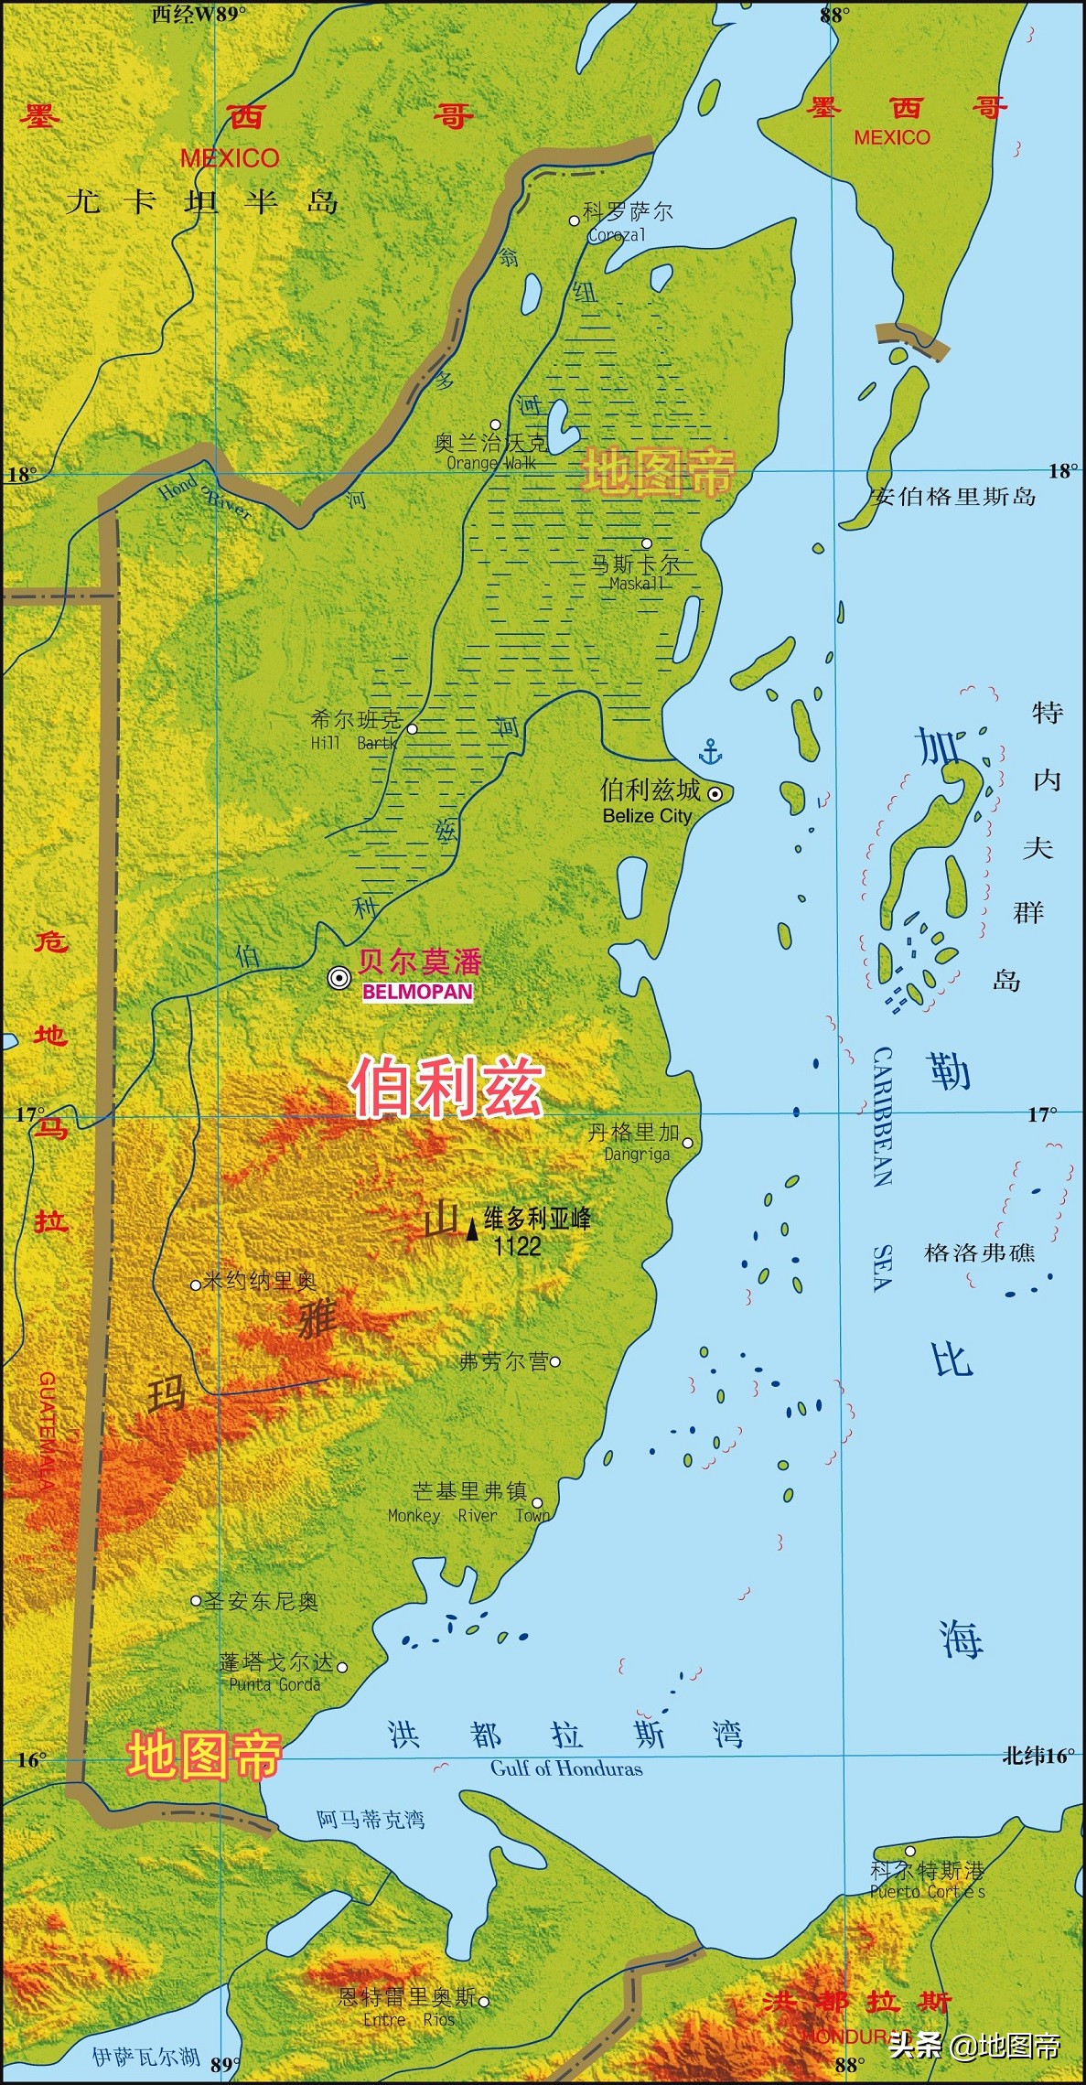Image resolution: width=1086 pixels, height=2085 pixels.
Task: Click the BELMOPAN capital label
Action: [417, 992]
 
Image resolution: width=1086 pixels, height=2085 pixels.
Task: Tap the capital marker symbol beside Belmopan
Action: [339, 978]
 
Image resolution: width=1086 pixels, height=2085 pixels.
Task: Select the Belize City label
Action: [647, 816]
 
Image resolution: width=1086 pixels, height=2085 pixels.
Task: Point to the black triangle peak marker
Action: [472, 1229]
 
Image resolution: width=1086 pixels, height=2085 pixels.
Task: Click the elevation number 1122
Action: [517, 1246]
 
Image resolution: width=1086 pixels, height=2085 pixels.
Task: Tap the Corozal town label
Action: [617, 235]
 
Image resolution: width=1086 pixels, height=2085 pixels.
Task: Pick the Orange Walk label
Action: [491, 463]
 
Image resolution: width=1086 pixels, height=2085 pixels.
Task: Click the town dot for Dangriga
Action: [687, 1143]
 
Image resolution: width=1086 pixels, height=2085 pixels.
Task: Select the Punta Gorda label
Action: [274, 1684]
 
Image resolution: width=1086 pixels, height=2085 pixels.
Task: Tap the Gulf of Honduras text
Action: [566, 1768]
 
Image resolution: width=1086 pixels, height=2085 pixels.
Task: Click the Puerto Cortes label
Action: [927, 1891]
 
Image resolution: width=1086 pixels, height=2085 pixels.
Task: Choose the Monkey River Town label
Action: [468, 1516]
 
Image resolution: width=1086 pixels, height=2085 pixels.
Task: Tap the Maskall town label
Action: [637, 584]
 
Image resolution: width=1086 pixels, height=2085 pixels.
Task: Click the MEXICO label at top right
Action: [891, 137]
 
